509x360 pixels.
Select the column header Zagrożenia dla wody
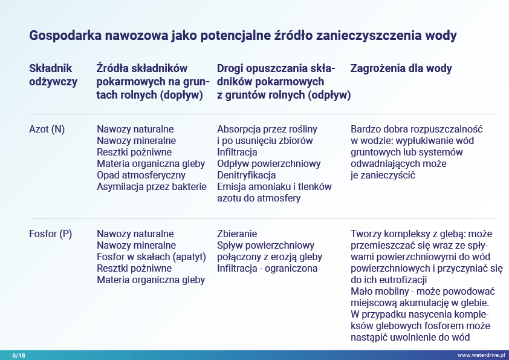(401, 69)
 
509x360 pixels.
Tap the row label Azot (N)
(47, 129)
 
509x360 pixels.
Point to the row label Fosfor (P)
(50, 234)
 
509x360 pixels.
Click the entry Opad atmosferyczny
(137, 175)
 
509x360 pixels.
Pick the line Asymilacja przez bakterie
(152, 186)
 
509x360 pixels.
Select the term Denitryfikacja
(246, 175)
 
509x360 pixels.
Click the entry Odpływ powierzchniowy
(268, 163)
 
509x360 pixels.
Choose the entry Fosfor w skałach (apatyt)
(149, 257)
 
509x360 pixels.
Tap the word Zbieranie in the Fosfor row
(237, 234)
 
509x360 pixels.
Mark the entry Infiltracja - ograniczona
(267, 269)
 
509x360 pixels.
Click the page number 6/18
(19, 355)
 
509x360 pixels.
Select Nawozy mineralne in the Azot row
(136, 140)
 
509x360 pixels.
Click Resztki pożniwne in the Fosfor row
(134, 269)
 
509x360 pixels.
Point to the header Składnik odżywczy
(53, 75)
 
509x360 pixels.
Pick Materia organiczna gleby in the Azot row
(151, 163)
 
